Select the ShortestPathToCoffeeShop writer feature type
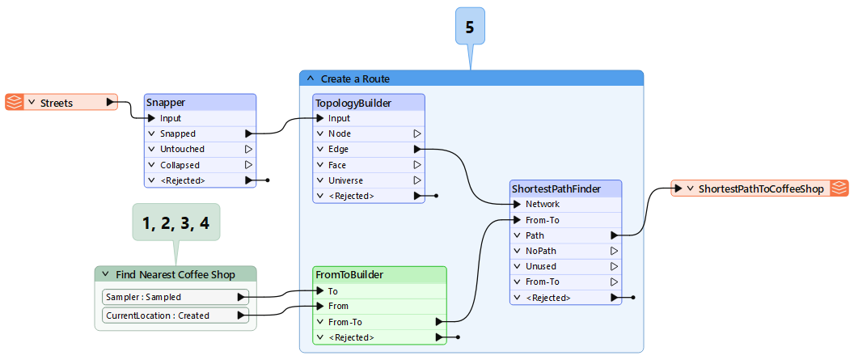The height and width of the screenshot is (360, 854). pyautogui.click(x=759, y=188)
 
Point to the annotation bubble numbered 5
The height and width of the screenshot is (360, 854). pyautogui.click(x=469, y=28)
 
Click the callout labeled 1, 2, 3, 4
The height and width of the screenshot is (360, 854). pyautogui.click(x=175, y=223)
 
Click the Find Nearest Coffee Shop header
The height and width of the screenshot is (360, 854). pyautogui.click(x=175, y=274)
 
